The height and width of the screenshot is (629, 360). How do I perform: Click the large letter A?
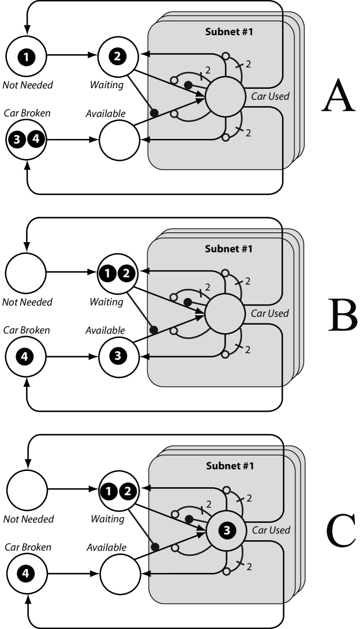tap(338, 96)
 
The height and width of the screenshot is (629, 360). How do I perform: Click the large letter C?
tap(341, 531)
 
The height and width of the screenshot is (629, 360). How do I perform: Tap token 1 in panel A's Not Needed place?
tap(26, 57)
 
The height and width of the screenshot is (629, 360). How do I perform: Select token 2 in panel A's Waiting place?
tap(117, 56)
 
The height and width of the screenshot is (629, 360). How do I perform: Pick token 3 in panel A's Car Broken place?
tap(17, 140)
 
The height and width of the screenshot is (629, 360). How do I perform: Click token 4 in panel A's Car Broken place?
tap(36, 140)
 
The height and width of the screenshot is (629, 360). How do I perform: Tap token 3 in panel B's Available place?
tap(118, 356)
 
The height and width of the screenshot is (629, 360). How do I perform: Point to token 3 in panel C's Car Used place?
tap(227, 530)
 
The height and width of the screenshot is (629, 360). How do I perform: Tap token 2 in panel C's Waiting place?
tap(127, 491)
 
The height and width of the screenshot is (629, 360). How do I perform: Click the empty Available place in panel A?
tap(119, 141)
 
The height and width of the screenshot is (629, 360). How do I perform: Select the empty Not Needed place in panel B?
tap(26, 273)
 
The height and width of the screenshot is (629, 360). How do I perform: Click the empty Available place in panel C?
tap(121, 574)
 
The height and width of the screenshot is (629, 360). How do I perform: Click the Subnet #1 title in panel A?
tap(229, 32)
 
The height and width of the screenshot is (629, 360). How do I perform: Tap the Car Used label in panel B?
tap(269, 313)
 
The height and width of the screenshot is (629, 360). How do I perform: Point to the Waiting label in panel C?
tap(107, 519)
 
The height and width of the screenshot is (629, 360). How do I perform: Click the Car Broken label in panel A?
tap(27, 113)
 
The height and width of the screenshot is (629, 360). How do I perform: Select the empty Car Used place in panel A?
tap(225, 97)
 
